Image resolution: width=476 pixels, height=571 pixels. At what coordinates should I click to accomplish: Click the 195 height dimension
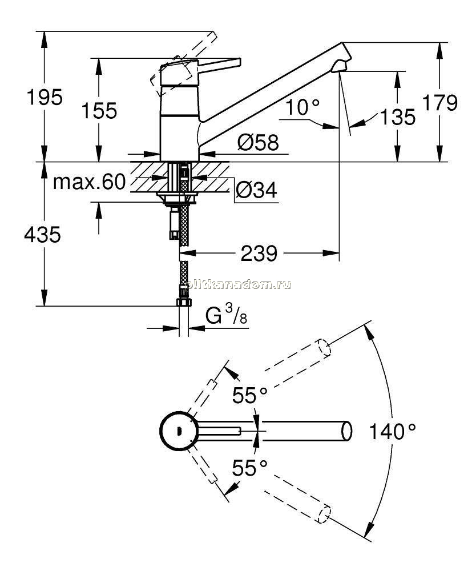(x=45, y=97)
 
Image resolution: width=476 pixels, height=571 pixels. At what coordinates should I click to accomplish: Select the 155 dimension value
(x=99, y=111)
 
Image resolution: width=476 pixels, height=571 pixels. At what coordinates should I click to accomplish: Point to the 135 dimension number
(x=397, y=117)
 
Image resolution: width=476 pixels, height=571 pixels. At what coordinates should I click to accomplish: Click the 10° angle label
(x=302, y=107)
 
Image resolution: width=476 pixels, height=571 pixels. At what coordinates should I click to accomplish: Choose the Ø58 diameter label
(x=258, y=142)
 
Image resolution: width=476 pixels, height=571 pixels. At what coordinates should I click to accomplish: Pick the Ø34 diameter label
(x=256, y=190)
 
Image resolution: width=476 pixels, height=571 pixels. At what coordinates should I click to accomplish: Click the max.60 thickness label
(x=89, y=182)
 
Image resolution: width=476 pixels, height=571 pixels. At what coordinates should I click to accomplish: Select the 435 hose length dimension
(x=43, y=235)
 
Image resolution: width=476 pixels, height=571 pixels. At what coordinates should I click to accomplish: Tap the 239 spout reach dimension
(x=259, y=254)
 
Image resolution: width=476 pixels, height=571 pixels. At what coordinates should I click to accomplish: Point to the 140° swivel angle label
(x=392, y=432)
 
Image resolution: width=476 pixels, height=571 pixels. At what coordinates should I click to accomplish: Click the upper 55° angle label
(x=250, y=396)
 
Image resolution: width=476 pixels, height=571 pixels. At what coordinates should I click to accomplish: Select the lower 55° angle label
(x=250, y=468)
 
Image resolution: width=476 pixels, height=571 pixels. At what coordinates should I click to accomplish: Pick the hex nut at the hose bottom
(x=184, y=303)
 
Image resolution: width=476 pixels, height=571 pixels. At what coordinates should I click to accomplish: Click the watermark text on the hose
(x=239, y=285)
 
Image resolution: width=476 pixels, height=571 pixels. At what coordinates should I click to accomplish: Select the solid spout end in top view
(x=347, y=431)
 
